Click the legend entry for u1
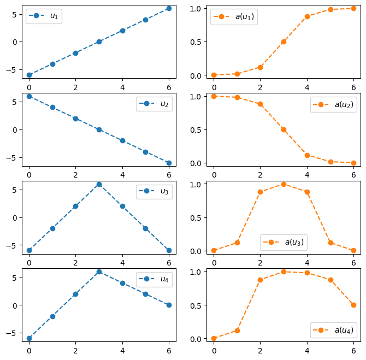point(44,16)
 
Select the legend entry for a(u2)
point(333,104)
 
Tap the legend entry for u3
point(154,191)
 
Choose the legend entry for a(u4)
point(333,330)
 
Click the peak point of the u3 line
point(99,184)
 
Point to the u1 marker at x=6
point(169,8)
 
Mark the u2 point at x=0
point(29,96)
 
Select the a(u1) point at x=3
point(284,42)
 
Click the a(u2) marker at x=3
point(284,129)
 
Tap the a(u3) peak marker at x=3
point(284,184)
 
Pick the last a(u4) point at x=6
point(353,305)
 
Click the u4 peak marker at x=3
point(99,272)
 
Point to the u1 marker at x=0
point(29,75)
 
